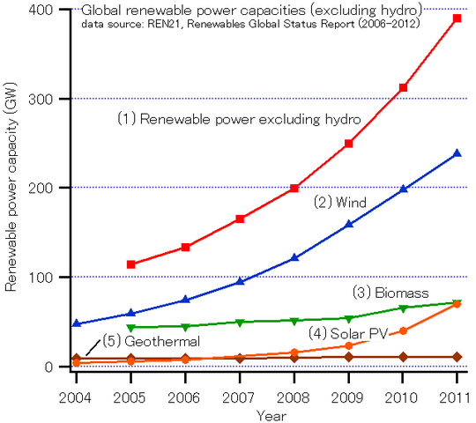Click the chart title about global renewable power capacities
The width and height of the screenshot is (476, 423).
pyautogui.click(x=251, y=10)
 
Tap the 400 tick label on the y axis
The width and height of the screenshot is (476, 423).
pyautogui.click(x=38, y=10)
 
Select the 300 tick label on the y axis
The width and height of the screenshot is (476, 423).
pyautogui.click(x=38, y=99)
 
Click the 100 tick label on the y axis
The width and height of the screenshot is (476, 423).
pyautogui.click(x=38, y=277)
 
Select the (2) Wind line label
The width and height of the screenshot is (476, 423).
pyautogui.click(x=339, y=203)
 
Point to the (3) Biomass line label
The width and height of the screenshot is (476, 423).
pyautogui.click(x=390, y=293)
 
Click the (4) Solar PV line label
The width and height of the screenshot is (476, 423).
pyautogui.click(x=347, y=333)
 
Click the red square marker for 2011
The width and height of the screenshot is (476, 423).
pyautogui.click(x=457, y=19)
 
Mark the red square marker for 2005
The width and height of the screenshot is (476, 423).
pyautogui.click(x=131, y=264)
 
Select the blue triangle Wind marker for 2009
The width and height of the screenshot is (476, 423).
pyautogui.click(x=349, y=224)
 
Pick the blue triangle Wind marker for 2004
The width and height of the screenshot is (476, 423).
pyautogui.click(x=77, y=323)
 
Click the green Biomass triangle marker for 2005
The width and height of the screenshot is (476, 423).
pyautogui.click(x=131, y=328)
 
